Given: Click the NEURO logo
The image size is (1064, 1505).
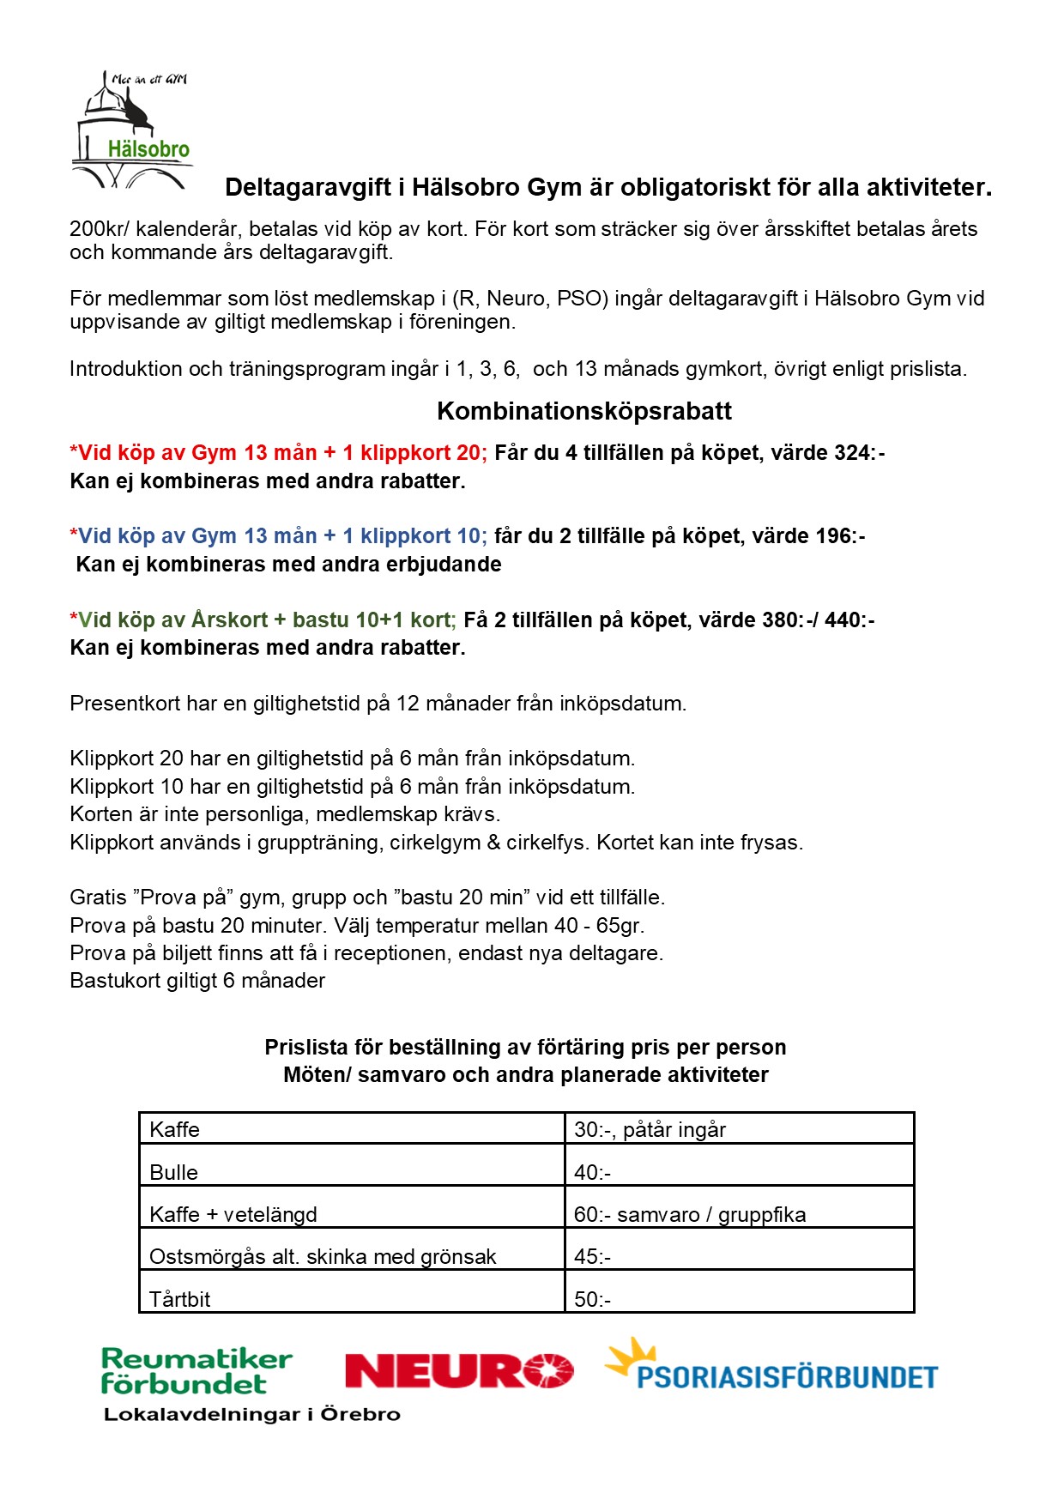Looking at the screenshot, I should [458, 1370].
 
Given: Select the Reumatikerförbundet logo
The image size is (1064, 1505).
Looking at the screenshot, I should [196, 1371].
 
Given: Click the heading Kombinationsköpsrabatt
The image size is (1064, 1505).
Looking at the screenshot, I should [583, 412].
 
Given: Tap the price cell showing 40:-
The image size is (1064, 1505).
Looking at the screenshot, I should [739, 1172].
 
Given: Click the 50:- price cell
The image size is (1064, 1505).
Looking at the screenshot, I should [739, 1299].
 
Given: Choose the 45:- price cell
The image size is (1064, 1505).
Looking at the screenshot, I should [739, 1257].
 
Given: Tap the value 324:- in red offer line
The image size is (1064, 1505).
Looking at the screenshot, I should [859, 453].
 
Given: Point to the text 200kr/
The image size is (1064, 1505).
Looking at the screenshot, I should [100, 229].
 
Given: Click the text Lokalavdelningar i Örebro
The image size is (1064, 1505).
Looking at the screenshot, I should [251, 1415].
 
